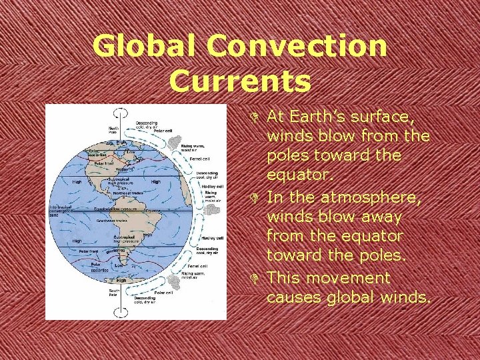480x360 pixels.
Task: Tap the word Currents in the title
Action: tap(240, 81)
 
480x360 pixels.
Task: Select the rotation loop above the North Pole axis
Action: tap(121, 114)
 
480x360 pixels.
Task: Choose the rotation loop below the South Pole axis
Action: tap(122, 311)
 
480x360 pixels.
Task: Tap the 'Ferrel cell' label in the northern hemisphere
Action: tap(201, 159)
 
